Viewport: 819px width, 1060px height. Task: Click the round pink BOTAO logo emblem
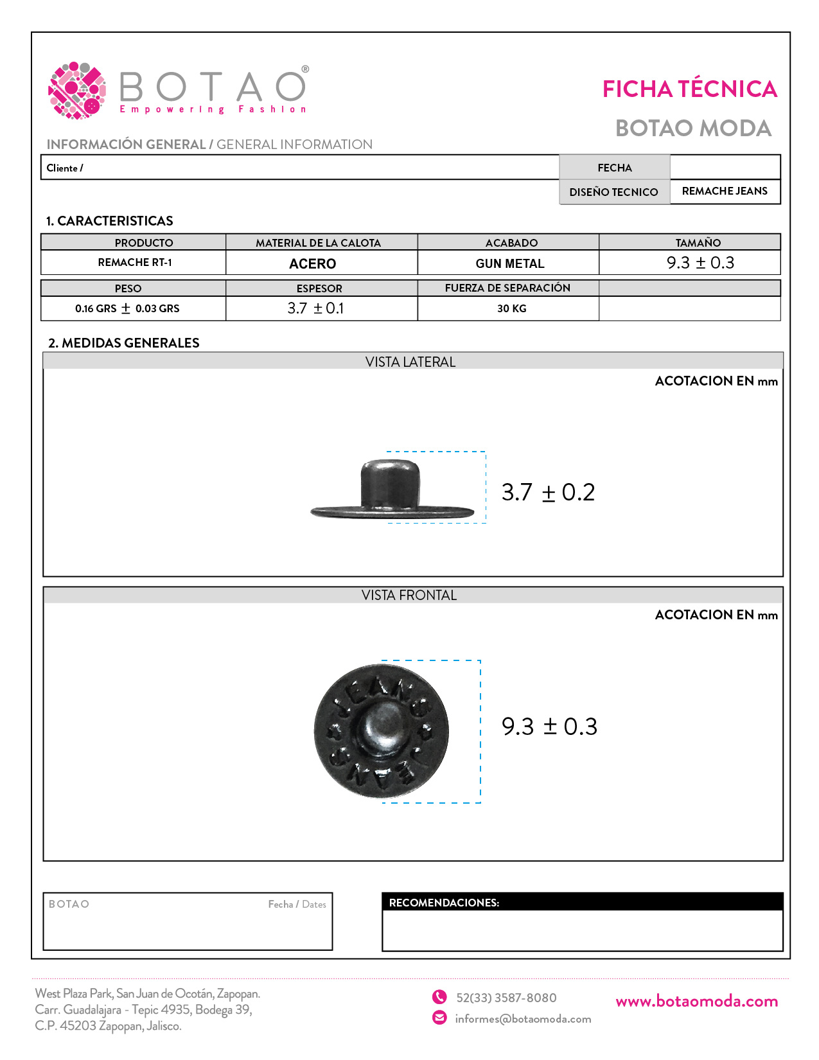[77, 91]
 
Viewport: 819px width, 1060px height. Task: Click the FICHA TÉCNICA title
[689, 89]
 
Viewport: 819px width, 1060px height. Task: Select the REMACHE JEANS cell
[725, 191]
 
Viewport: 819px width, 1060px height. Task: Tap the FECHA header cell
[614, 168]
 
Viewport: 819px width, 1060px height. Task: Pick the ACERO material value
[313, 263]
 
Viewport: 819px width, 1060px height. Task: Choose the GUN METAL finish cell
[510, 263]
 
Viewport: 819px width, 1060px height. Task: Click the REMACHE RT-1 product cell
[135, 262]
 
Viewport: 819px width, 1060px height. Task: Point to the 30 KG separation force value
[511, 308]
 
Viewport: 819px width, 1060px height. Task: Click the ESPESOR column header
[319, 288]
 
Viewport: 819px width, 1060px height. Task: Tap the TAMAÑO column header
[698, 243]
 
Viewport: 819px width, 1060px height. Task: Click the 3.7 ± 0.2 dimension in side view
[548, 493]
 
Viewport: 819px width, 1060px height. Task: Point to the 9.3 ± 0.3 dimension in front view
[549, 727]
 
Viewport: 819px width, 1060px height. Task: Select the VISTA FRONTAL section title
[409, 596]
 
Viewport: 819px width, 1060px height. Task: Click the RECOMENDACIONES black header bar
[582, 902]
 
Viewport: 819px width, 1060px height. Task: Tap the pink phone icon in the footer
[439, 997]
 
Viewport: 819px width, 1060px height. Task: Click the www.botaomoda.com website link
[696, 1001]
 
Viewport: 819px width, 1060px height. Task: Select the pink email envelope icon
[439, 1018]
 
